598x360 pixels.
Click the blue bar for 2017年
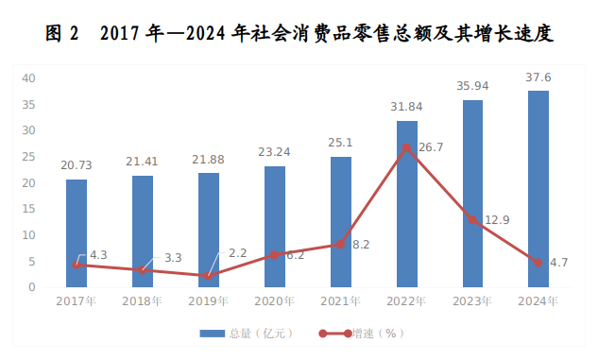pyautogui.click(x=77, y=233)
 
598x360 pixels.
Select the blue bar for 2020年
pyautogui.click(x=275, y=227)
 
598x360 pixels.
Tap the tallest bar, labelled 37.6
pyautogui.click(x=538, y=189)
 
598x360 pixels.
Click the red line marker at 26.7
pyautogui.click(x=406, y=148)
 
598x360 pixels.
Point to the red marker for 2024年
pyautogui.click(x=538, y=263)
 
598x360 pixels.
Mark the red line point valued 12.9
pyautogui.click(x=472, y=220)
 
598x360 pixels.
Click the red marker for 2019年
pyautogui.click(x=209, y=276)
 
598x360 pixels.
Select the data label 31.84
pyautogui.click(x=406, y=107)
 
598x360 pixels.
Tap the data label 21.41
pyautogui.click(x=143, y=162)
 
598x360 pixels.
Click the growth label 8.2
pyautogui.click(x=360, y=245)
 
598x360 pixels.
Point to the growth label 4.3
pyautogui.click(x=97, y=254)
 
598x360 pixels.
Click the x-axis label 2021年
pyautogui.click(x=341, y=301)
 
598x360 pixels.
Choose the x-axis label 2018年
pyautogui.click(x=143, y=301)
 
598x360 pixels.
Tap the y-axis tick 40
pyautogui.click(x=29, y=78)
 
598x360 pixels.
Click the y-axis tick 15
pyautogui.click(x=29, y=209)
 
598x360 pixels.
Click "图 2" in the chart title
pyautogui.click(x=62, y=35)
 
